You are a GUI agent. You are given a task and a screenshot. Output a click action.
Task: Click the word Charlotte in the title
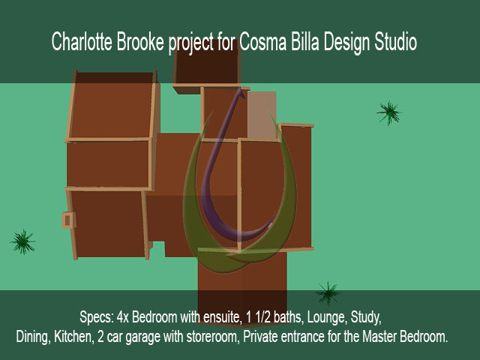click(82, 41)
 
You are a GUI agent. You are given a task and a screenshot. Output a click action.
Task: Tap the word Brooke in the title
click(140, 41)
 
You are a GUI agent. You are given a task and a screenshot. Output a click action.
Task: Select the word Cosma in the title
click(262, 41)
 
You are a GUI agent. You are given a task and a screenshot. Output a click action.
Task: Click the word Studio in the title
click(396, 41)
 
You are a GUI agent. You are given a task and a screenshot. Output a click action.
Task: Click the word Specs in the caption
click(97, 317)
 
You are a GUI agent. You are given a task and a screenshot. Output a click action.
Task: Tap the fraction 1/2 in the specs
click(261, 317)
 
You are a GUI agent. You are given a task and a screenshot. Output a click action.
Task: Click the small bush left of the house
click(22, 241)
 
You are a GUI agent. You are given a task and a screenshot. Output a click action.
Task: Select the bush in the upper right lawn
click(388, 112)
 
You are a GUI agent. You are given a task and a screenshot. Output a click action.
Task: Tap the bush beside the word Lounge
click(328, 293)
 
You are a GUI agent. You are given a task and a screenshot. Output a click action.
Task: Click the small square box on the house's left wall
click(68, 220)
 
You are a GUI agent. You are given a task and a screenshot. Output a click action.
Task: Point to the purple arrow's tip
click(241, 88)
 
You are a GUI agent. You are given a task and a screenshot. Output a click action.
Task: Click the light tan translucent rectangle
click(262, 115)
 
